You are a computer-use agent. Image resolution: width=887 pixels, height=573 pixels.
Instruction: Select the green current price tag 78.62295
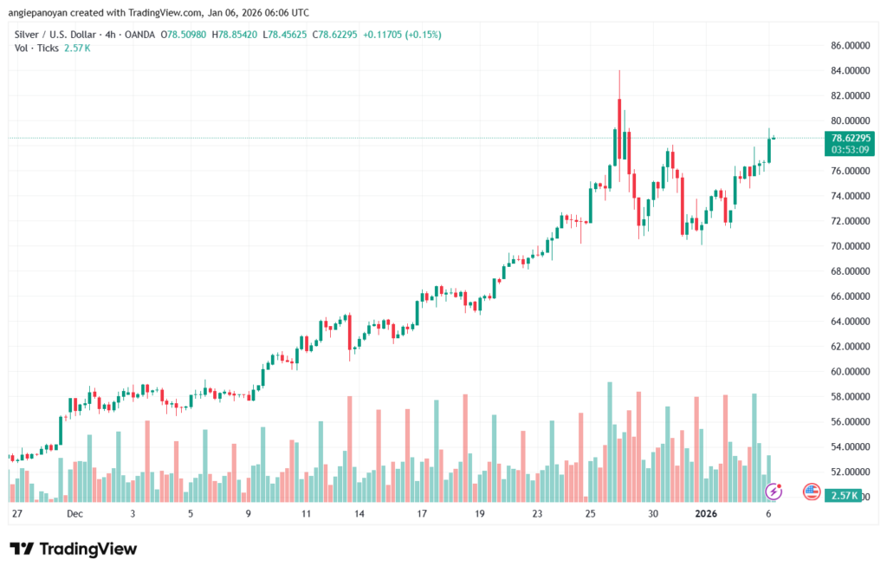851,137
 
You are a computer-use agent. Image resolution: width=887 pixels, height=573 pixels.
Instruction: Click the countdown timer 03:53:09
851,149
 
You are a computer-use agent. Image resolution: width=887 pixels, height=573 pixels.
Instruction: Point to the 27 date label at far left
16,513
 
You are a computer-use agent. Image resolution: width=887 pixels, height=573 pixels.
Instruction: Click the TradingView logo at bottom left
73,549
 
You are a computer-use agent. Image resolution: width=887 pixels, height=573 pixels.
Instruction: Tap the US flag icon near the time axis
812,492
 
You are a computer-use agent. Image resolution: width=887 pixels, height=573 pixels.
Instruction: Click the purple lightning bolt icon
774,492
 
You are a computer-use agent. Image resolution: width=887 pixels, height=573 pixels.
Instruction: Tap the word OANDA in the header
138,34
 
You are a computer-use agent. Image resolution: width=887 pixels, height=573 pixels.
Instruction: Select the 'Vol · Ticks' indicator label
35,48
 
